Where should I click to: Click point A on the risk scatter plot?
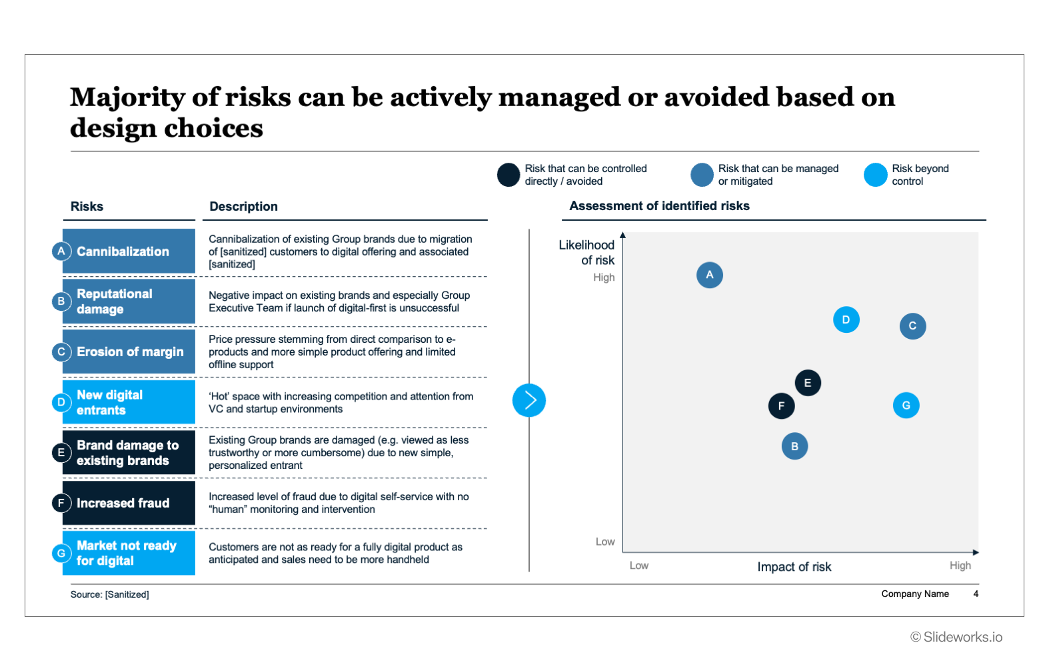709,275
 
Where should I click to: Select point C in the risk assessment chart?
912,326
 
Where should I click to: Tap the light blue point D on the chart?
846,320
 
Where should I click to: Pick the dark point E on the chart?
807,383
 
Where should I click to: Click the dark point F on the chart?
781,406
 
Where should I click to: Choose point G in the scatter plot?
906,406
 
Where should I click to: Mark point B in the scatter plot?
794,446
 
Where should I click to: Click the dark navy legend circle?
508,175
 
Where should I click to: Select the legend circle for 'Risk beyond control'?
875,175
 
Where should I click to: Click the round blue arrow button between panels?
529,400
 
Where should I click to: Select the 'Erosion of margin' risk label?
129,352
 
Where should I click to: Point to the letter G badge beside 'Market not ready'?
61,553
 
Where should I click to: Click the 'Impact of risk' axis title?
794,567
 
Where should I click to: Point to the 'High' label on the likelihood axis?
604,277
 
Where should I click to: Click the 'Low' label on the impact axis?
638,566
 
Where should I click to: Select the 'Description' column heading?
243,207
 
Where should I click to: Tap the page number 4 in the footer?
976,594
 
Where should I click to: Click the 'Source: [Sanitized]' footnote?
110,594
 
